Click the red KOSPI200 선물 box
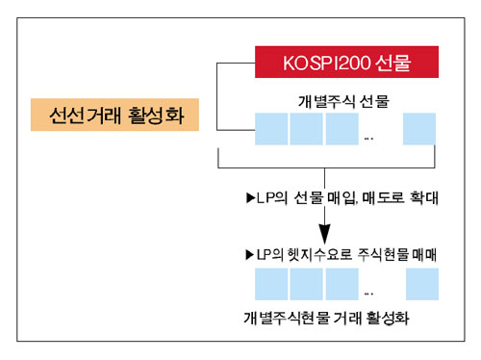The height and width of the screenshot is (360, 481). pyautogui.click(x=347, y=64)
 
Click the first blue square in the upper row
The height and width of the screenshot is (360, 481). pyautogui.click(x=272, y=129)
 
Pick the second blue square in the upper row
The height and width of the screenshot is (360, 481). pyautogui.click(x=308, y=129)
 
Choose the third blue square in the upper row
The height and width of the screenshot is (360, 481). pyautogui.click(x=342, y=129)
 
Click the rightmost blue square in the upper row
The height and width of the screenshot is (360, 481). pyautogui.click(x=420, y=129)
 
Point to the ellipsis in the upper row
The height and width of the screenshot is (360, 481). pyautogui.click(x=370, y=138)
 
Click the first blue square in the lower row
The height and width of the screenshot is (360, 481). pyautogui.click(x=272, y=285)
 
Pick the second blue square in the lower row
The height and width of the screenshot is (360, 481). pyautogui.click(x=308, y=285)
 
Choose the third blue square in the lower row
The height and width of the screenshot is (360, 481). pyautogui.click(x=342, y=285)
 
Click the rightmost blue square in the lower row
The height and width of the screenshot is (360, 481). pyautogui.click(x=420, y=285)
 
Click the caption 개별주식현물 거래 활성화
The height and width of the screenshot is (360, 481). pyautogui.click(x=333, y=317)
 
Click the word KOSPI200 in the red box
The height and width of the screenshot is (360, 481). pyautogui.click(x=320, y=64)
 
